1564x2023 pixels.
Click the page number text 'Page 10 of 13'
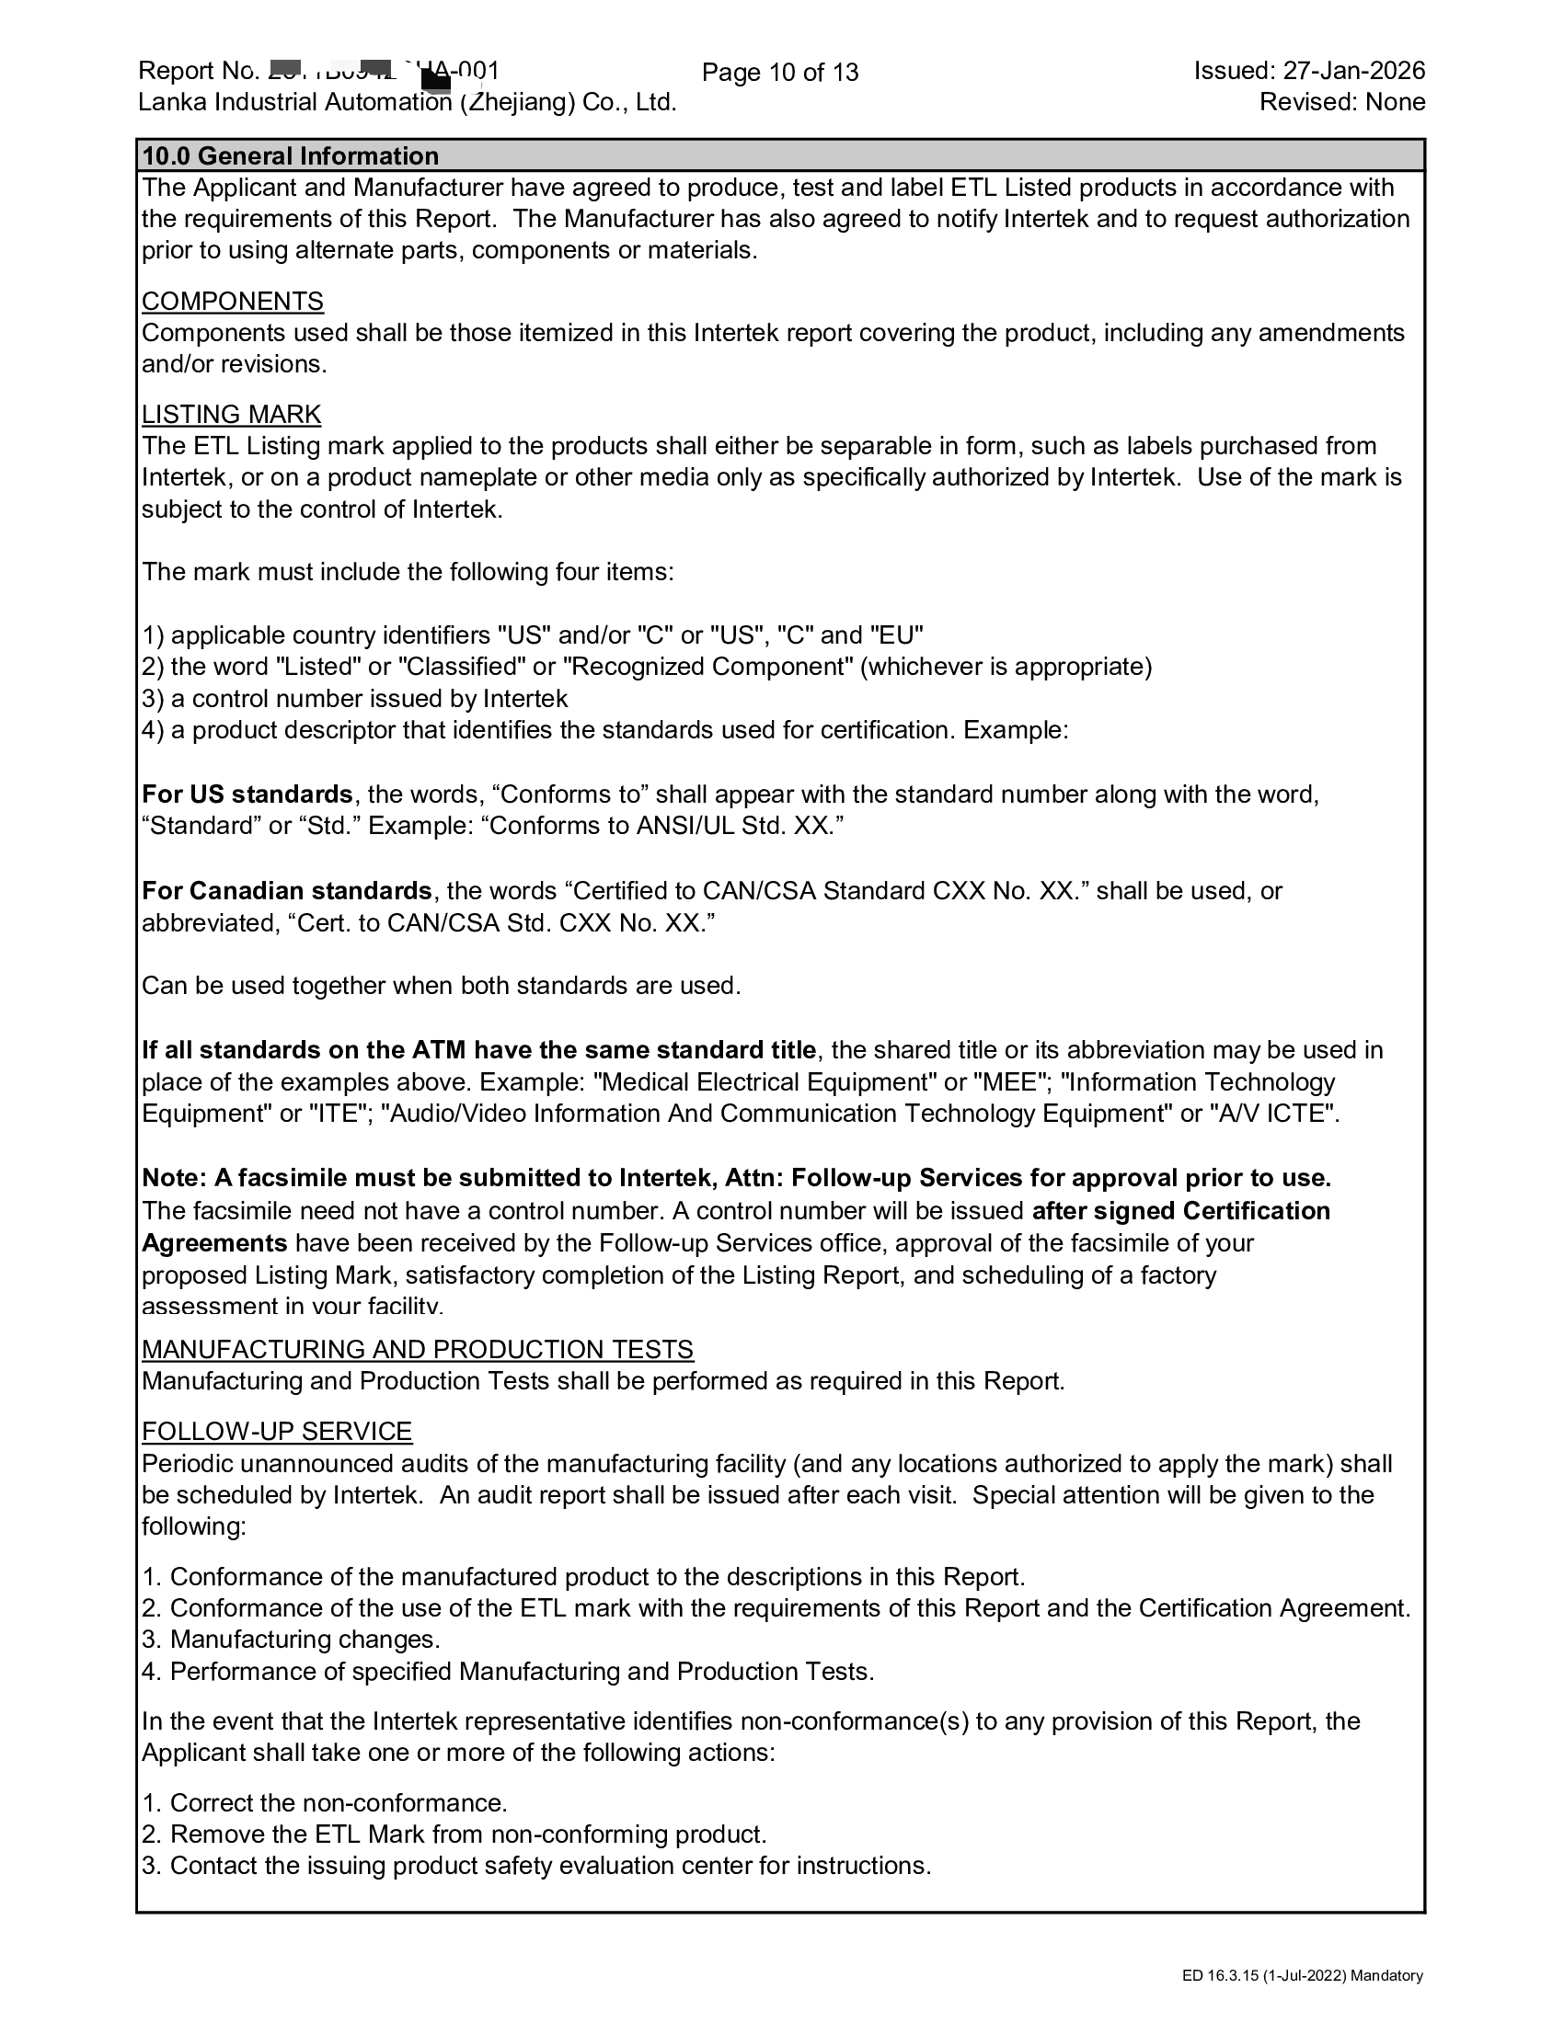click(x=780, y=73)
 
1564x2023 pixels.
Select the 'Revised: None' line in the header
click(x=1341, y=102)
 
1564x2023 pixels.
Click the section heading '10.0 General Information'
click(x=290, y=155)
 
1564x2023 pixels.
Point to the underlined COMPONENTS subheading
click(x=233, y=301)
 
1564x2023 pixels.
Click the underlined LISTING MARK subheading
click(x=232, y=414)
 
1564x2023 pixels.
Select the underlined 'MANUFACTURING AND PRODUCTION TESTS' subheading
click(x=417, y=1350)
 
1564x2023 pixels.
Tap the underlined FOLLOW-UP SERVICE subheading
click(x=277, y=1431)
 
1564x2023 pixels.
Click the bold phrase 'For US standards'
click(x=247, y=794)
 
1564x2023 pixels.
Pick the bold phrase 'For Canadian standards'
click(x=286, y=891)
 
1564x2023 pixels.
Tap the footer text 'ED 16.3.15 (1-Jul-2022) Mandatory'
click(x=1302, y=1976)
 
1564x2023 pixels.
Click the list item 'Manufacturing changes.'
click(x=305, y=1640)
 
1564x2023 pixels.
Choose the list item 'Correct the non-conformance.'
click(x=339, y=1803)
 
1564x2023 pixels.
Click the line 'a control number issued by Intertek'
click(x=369, y=699)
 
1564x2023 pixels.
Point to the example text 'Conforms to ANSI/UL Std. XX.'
click(x=662, y=827)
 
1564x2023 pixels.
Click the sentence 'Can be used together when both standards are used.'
click(x=441, y=986)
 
